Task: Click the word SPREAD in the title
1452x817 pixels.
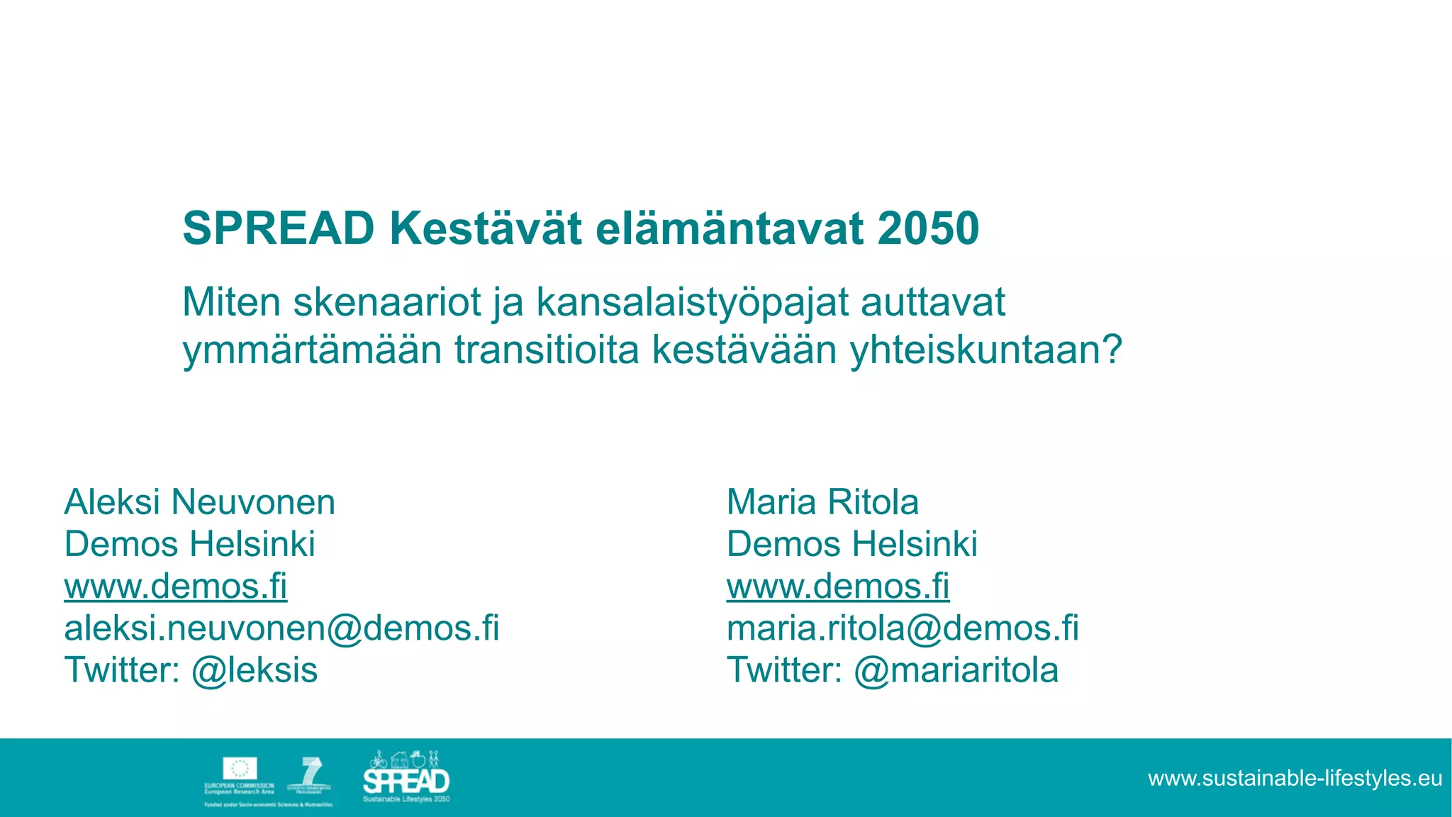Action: [x=278, y=228]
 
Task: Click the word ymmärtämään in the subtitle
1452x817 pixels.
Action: [x=312, y=350]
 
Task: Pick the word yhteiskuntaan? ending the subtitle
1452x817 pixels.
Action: [x=986, y=350]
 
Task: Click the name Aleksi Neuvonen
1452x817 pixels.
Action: [x=199, y=502]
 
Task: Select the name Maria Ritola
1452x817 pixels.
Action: [x=822, y=502]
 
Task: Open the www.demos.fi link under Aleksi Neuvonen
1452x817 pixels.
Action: [x=176, y=587]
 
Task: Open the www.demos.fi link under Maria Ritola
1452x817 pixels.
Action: [x=838, y=587]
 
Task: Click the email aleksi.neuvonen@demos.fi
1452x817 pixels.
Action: [x=281, y=628]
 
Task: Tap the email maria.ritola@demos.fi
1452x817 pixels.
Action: [x=903, y=628]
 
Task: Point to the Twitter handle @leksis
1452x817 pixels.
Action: [x=255, y=670]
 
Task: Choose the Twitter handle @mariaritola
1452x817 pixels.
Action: [x=956, y=670]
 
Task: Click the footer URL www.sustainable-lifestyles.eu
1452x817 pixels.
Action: [x=1295, y=779]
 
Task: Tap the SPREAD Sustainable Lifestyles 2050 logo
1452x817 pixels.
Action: [x=406, y=777]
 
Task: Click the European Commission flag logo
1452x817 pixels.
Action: [x=240, y=769]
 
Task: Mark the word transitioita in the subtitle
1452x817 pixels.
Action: [x=547, y=350]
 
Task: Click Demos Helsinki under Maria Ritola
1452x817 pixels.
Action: [x=851, y=545]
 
